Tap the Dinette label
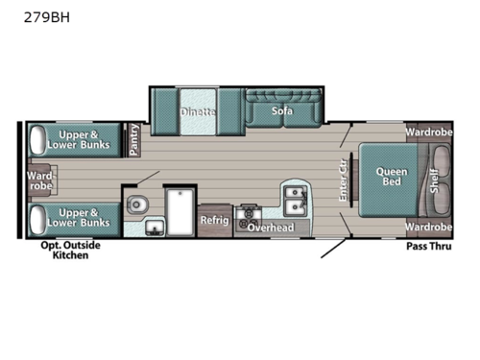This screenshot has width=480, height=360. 198,111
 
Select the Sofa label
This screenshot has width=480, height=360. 280,111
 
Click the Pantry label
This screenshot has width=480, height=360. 134,139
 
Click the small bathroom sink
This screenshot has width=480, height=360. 154,228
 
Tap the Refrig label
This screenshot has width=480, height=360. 214,220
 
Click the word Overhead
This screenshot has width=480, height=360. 270,228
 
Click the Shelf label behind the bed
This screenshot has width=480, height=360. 434,179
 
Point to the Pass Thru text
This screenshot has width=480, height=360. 429,247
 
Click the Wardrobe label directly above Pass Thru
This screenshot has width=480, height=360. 428,227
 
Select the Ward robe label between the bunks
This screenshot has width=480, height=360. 39,180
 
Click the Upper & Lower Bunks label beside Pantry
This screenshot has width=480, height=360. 82,139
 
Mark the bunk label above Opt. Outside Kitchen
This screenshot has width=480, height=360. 82,217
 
